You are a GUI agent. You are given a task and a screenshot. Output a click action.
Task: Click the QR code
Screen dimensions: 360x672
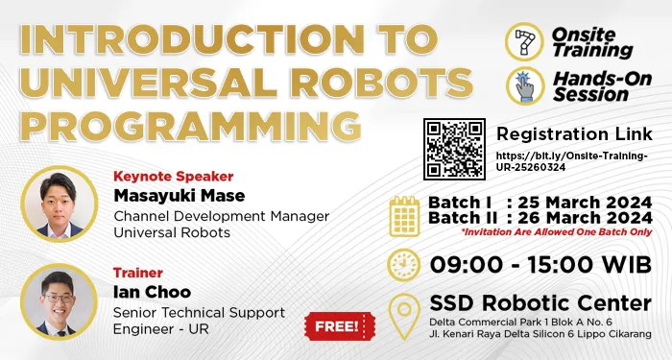455,150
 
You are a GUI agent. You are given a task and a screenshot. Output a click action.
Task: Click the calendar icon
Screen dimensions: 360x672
404,216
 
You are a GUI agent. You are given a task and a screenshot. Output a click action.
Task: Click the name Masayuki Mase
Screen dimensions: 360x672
166,196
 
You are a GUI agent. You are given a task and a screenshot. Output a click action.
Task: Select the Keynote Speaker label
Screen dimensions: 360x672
173,177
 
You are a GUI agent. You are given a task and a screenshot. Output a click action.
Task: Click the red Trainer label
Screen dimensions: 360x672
137,273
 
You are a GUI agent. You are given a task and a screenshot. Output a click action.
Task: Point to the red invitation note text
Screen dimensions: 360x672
554,232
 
